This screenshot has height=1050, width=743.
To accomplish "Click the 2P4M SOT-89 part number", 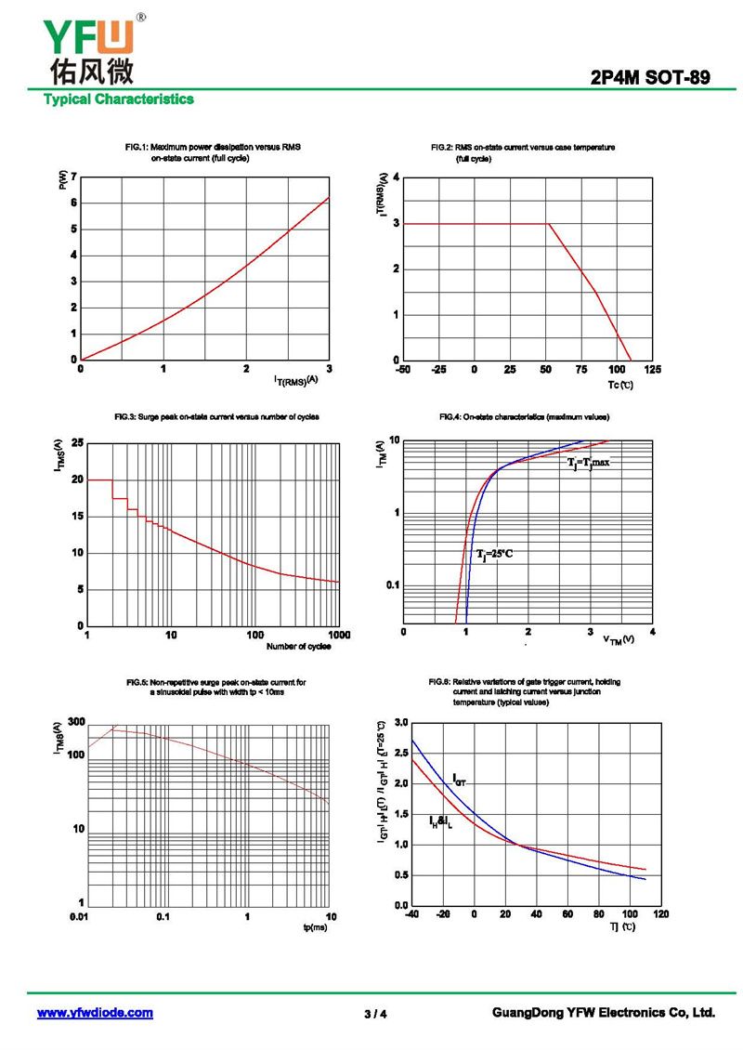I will click(650, 79).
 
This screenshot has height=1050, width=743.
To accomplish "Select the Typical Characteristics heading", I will click(118, 99).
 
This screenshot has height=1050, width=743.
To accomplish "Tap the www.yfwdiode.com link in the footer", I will click(95, 1013).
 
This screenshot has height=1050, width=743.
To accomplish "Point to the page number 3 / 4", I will click(375, 1014).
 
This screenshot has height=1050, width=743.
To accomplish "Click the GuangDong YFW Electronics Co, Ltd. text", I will click(603, 1013).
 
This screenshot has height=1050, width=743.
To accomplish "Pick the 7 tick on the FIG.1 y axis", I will click(73, 177).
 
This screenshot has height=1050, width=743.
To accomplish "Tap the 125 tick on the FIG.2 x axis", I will click(652, 371).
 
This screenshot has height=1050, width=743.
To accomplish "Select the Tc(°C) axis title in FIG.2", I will click(621, 384).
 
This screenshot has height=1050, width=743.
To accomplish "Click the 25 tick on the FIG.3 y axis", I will click(77, 443).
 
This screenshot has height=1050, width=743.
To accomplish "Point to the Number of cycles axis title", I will click(298, 647).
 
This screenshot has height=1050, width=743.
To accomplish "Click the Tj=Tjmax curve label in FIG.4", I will click(588, 462).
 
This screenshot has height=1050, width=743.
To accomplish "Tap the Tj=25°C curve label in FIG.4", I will click(494, 554).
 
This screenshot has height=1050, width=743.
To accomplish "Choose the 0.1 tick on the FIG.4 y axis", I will click(390, 584).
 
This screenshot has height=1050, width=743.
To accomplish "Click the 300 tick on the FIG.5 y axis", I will click(76, 722).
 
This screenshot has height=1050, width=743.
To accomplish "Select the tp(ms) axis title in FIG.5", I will click(315, 928).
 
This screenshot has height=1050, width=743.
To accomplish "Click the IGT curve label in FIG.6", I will click(459, 779).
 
